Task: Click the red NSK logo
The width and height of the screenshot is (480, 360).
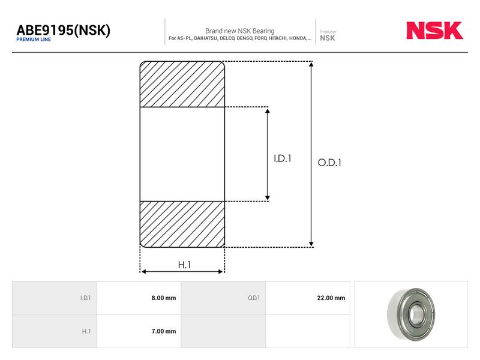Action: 434,31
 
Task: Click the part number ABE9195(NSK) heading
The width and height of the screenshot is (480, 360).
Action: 64,30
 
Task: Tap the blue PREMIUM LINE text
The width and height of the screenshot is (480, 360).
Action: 34,40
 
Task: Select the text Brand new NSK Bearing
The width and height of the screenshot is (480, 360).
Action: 239,31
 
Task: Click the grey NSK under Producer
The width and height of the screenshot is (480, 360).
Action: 327,38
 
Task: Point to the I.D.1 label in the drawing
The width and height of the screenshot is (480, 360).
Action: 282,158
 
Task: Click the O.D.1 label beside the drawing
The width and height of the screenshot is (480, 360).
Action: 329,163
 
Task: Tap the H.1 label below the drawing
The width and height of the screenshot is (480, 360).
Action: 184,265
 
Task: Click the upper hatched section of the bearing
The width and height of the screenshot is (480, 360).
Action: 182,84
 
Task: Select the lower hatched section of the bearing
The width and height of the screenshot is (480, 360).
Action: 182,224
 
